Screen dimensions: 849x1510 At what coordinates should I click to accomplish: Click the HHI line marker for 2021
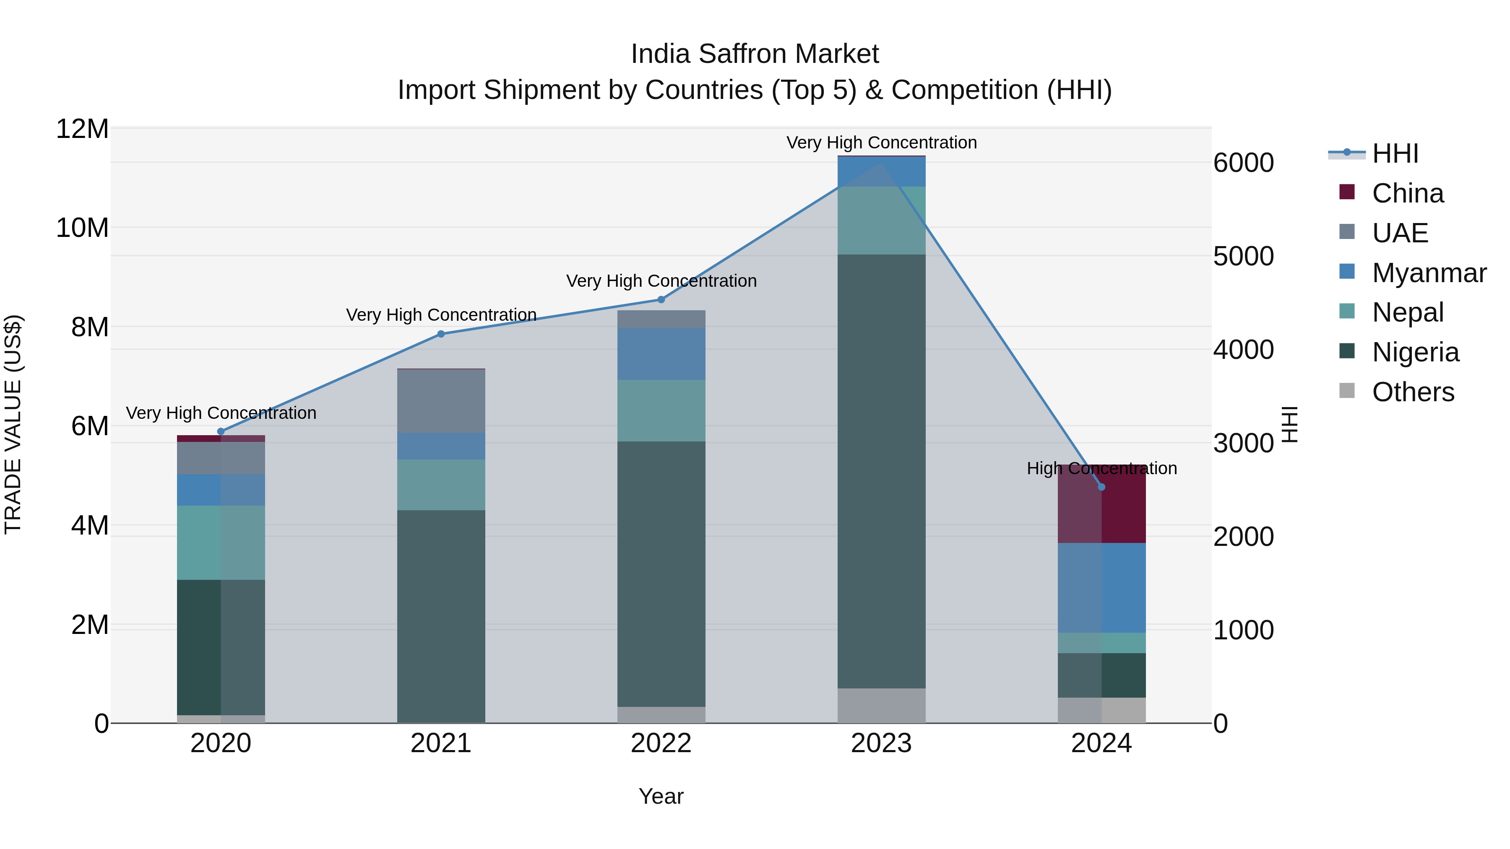pos(441,334)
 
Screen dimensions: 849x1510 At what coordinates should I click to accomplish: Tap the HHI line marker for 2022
pos(661,299)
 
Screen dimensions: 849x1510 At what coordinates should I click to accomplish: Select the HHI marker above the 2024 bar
pos(1101,487)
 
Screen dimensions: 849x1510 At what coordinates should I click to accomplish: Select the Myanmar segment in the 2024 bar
pos(1101,588)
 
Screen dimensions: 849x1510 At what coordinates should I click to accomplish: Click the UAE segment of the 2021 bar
pos(441,401)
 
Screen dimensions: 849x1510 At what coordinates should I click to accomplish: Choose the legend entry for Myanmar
pos(1429,273)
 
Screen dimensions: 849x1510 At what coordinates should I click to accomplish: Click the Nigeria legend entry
pos(1415,352)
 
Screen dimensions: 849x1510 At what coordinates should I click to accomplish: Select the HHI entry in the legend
pos(1395,153)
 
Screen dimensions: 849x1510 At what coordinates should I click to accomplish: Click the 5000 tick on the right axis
pos(1243,256)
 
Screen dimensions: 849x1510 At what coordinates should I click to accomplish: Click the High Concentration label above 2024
pos(1101,468)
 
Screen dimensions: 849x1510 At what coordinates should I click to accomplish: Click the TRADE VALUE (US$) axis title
pos(13,424)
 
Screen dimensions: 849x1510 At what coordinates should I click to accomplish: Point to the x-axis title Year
pos(661,796)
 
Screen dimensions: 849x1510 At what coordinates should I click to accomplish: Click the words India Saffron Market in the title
pos(755,54)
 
